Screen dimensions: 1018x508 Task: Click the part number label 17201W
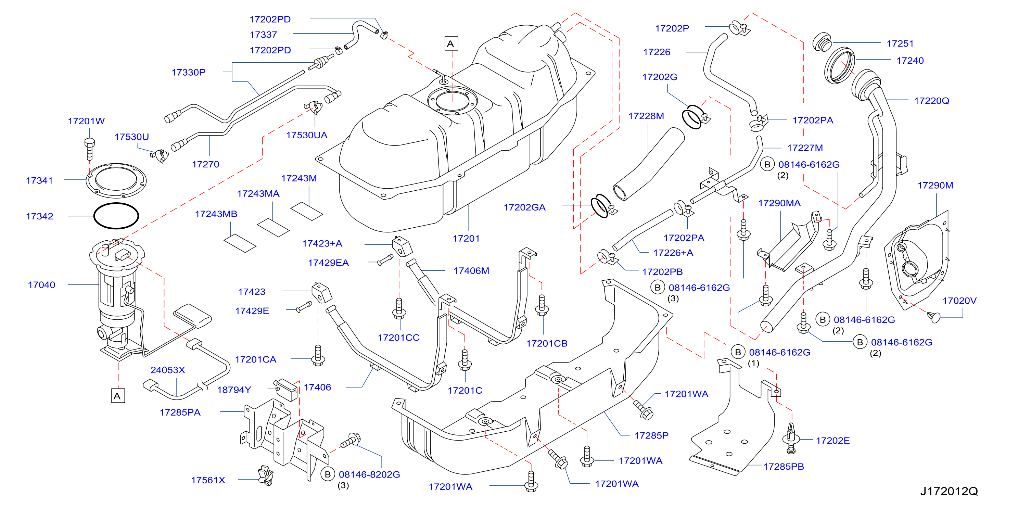(x=86, y=121)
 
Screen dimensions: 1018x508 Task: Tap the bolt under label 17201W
(x=90, y=149)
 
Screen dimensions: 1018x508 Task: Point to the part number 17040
(x=41, y=285)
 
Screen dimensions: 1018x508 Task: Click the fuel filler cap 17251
(x=822, y=42)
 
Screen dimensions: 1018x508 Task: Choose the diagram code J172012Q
(x=949, y=491)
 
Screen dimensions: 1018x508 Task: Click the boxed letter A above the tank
(x=451, y=43)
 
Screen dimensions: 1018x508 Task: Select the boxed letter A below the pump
(x=118, y=396)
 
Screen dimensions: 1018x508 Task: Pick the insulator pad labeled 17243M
(x=307, y=212)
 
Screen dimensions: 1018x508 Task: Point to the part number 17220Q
(x=931, y=101)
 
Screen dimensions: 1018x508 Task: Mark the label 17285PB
(x=783, y=467)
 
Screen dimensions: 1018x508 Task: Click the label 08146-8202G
(x=369, y=474)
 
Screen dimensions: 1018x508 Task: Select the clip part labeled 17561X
(x=266, y=475)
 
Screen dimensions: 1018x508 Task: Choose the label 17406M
(x=471, y=271)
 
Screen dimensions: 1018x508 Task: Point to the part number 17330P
(x=189, y=72)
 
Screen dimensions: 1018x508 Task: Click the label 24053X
(x=168, y=370)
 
